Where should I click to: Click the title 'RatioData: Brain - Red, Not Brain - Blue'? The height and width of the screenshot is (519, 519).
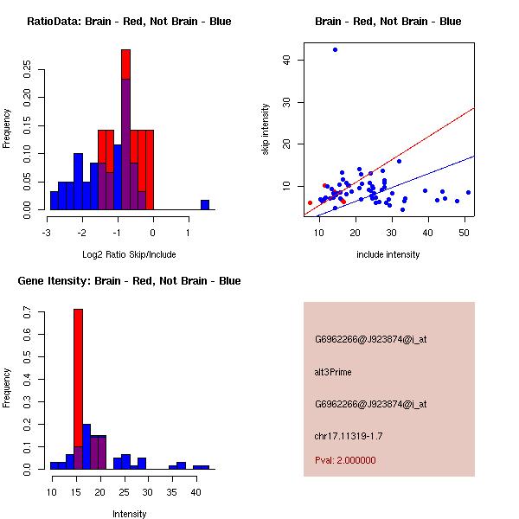[129, 21]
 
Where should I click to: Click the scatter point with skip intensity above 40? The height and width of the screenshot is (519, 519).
[335, 50]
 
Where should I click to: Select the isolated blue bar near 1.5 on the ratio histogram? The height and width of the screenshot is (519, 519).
[205, 204]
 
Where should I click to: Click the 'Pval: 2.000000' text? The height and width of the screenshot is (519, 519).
[345, 460]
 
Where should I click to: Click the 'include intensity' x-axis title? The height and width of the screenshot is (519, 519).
[388, 254]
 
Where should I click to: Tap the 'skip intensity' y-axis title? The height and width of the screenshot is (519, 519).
[266, 130]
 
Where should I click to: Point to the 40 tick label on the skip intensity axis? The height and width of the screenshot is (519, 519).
[287, 60]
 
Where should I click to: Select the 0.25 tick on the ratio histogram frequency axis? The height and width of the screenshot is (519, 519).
[27, 70]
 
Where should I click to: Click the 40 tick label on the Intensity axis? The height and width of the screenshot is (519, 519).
[195, 491]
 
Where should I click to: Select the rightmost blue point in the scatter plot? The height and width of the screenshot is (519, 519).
[468, 192]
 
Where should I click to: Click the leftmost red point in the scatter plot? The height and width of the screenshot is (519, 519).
[310, 202]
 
